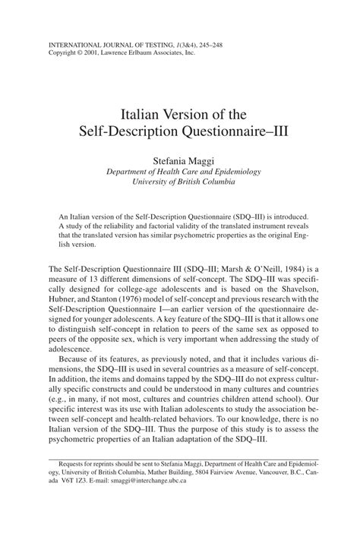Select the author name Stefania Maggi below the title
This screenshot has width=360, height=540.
(180, 162)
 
